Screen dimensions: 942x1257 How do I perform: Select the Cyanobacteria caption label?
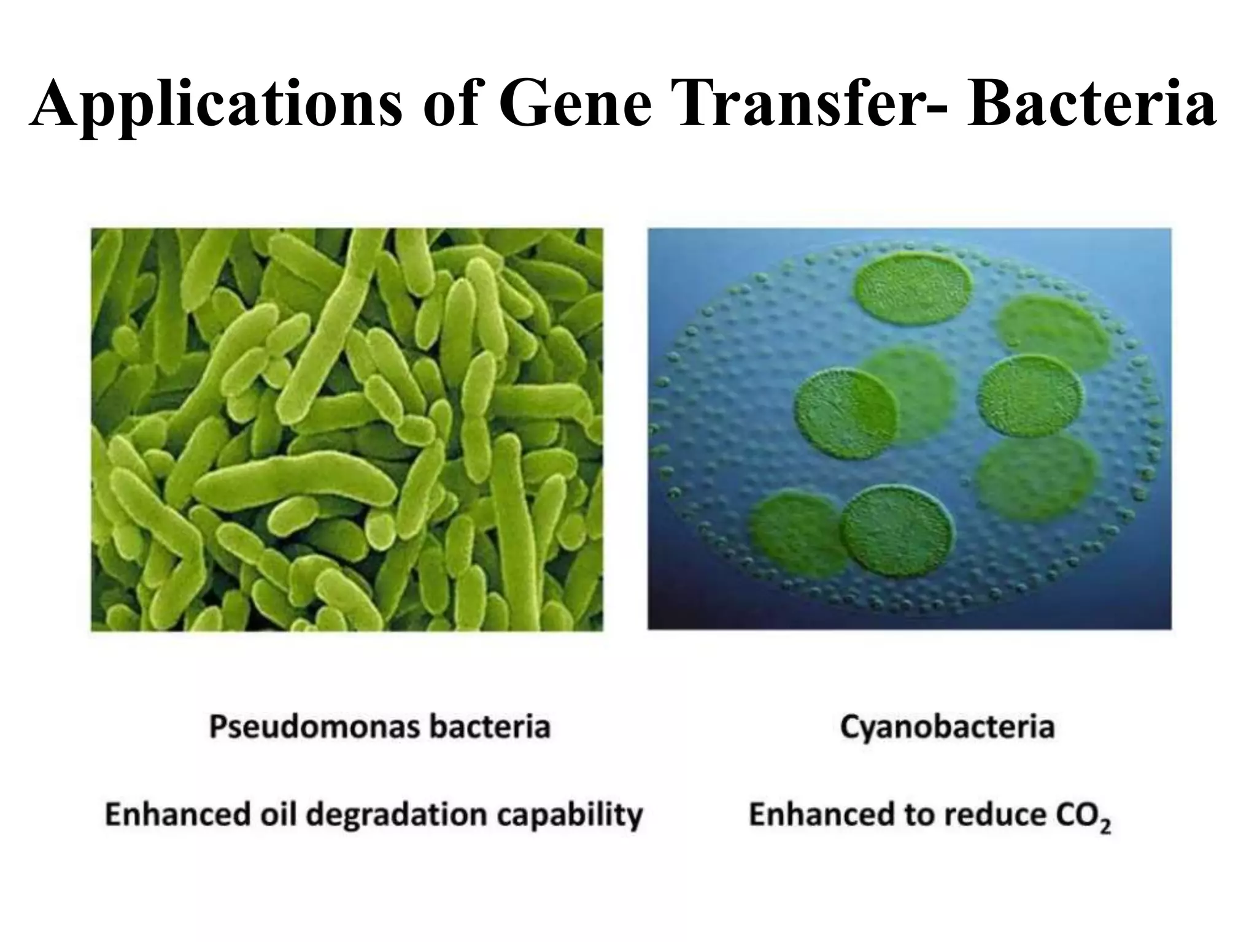click(x=946, y=727)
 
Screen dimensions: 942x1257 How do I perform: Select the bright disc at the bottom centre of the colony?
click(x=897, y=531)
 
